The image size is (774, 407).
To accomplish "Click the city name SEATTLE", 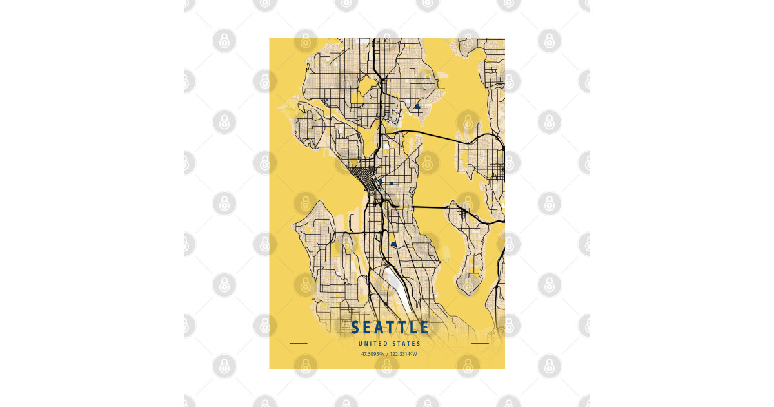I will click(x=390, y=328).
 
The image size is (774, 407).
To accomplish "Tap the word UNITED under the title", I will click(x=372, y=344).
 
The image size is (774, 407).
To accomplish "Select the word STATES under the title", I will click(x=406, y=344).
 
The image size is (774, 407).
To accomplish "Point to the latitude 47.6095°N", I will click(x=372, y=353).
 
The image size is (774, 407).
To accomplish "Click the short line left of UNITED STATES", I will click(x=299, y=344).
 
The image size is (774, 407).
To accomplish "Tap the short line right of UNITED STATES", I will click(x=480, y=344).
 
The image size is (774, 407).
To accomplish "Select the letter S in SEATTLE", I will click(x=355, y=328).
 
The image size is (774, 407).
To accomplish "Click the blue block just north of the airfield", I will click(x=392, y=244).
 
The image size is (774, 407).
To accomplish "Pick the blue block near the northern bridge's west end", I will click(x=417, y=106).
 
